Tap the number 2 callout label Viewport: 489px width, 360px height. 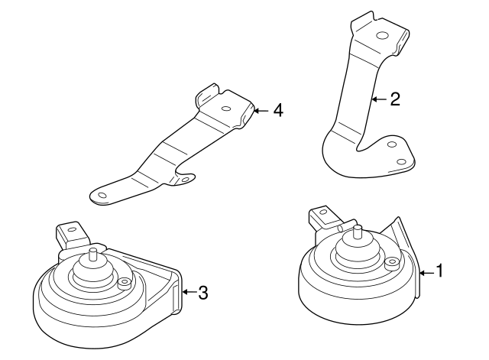tap(394, 99)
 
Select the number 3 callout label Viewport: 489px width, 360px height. tap(202, 291)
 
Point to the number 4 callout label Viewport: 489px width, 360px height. tap(277, 111)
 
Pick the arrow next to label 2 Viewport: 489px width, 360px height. tap(380, 99)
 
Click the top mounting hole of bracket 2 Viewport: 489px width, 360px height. tap(382, 35)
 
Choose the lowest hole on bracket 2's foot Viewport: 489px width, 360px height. tap(402, 161)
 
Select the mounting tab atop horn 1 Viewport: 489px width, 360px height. tap(322, 217)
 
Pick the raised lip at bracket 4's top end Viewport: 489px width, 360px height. tap(206, 96)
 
